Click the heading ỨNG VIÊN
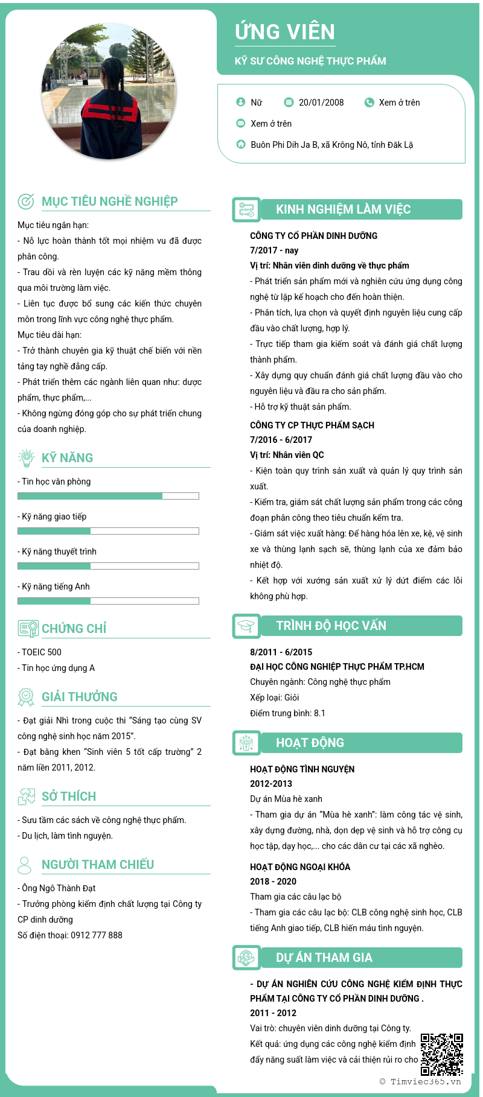(x=285, y=32)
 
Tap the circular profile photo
(x=109, y=91)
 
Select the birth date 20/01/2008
(x=321, y=103)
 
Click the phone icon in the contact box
(x=369, y=103)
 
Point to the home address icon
(x=240, y=144)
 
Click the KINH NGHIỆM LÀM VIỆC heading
(x=343, y=209)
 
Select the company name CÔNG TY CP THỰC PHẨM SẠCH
(x=312, y=425)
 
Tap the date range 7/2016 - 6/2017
(x=281, y=440)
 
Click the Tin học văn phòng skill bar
(x=108, y=496)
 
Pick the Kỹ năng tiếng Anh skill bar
(x=108, y=601)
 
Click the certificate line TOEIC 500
(x=41, y=652)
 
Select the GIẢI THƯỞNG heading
(x=80, y=697)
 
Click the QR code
(x=442, y=1054)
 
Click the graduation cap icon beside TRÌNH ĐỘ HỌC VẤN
(x=246, y=626)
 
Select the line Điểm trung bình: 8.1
(x=287, y=713)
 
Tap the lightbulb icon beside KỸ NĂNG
(x=26, y=458)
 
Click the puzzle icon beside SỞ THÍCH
(x=26, y=797)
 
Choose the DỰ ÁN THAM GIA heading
(x=324, y=958)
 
